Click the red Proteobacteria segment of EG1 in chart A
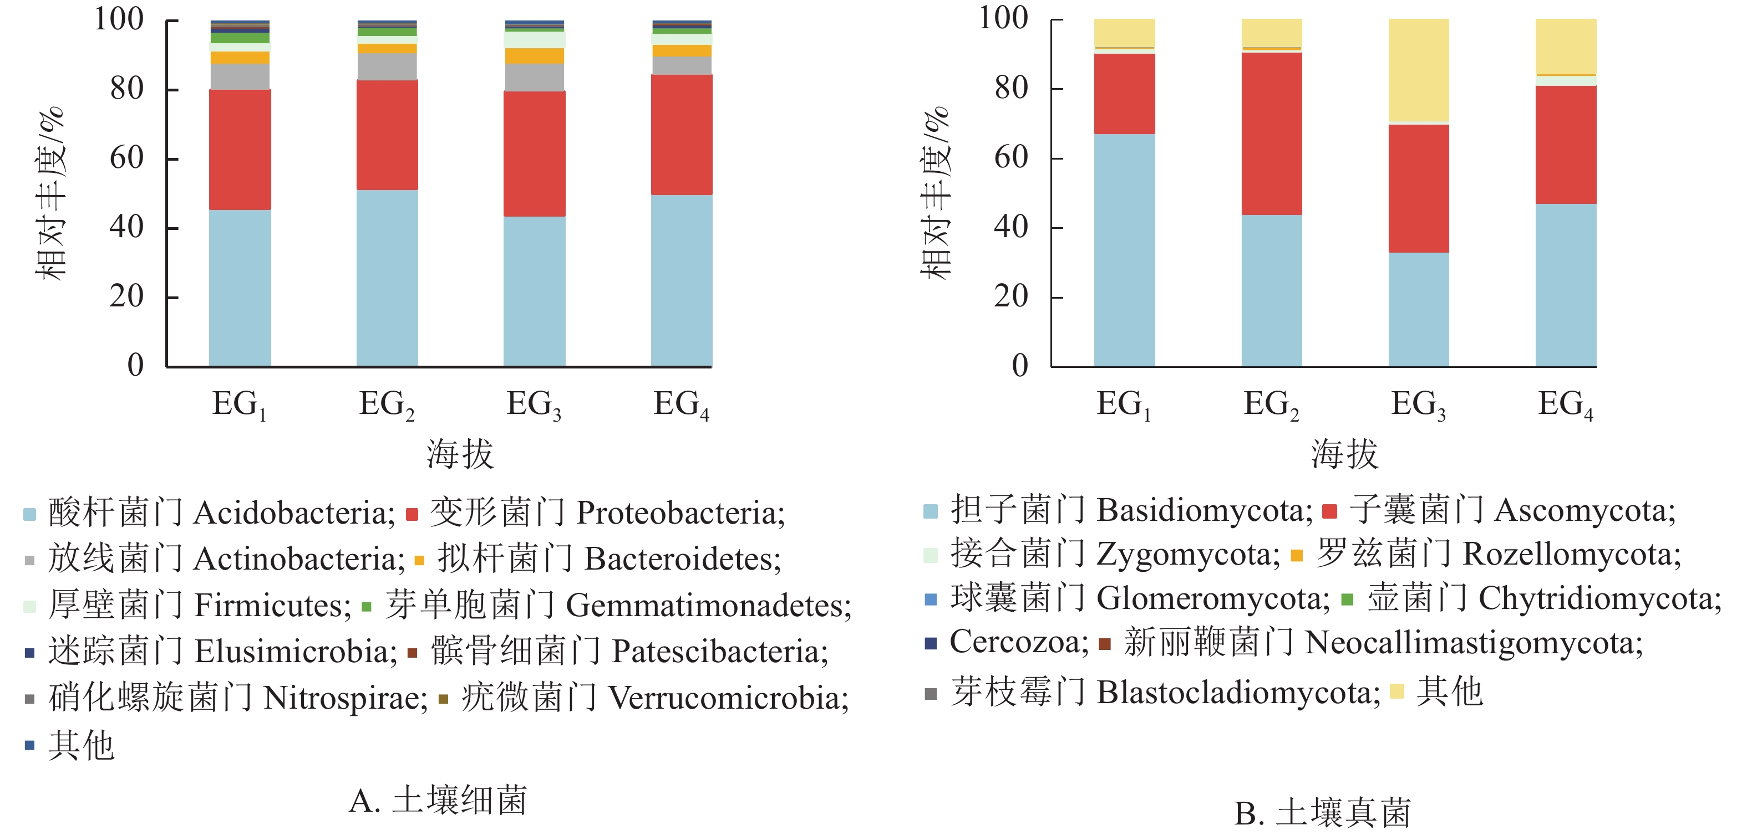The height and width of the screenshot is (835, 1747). click(x=240, y=149)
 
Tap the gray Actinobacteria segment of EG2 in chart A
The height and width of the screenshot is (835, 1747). click(x=387, y=66)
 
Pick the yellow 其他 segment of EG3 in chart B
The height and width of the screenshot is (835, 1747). click(x=1418, y=70)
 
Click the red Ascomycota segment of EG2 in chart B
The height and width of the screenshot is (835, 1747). click(x=1271, y=134)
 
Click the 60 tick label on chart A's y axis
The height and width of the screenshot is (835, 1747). click(x=127, y=158)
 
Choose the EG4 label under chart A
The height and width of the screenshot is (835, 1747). click(x=681, y=404)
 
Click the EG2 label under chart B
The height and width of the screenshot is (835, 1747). click(x=1271, y=404)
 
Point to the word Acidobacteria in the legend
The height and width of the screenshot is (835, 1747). click(x=293, y=513)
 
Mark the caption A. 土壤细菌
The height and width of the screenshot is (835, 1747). click(x=438, y=801)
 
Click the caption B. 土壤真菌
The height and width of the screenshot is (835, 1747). click(x=1323, y=813)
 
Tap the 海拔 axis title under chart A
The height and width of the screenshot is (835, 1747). click(x=460, y=454)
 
